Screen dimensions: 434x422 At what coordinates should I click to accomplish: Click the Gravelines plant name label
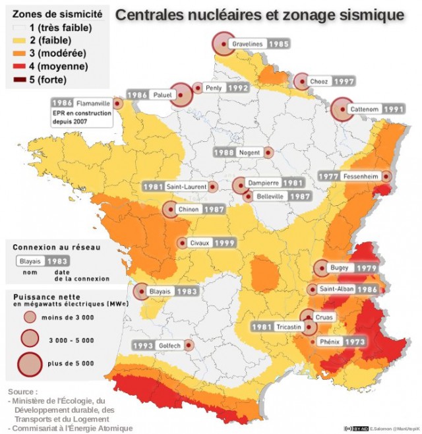[x=248, y=44]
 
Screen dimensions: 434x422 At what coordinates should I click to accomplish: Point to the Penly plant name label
[x=214, y=88]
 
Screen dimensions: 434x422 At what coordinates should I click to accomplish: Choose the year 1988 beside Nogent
[x=224, y=152]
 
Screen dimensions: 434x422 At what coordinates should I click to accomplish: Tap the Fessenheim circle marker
[x=386, y=177]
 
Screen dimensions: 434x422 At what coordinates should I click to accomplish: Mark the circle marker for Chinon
[x=173, y=210]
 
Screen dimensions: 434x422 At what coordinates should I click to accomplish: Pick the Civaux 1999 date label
[x=225, y=243]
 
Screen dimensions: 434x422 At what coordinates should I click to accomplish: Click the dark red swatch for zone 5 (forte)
[x=20, y=80]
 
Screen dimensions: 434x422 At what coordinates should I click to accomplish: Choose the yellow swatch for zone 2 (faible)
[x=20, y=40]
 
